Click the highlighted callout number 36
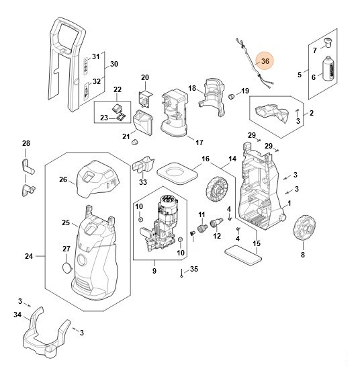(x=265, y=61)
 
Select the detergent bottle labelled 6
(x=328, y=69)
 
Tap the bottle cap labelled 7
(x=328, y=42)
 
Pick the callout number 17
(x=199, y=142)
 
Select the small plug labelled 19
(x=232, y=96)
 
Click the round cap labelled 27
(x=67, y=268)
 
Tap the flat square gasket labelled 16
(x=177, y=174)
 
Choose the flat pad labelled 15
(x=243, y=255)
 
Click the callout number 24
(x=29, y=256)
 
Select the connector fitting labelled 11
(x=202, y=228)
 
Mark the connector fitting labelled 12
(x=216, y=222)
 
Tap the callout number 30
(x=114, y=64)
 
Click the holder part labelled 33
(x=143, y=165)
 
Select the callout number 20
(x=145, y=77)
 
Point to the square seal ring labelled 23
(x=122, y=116)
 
